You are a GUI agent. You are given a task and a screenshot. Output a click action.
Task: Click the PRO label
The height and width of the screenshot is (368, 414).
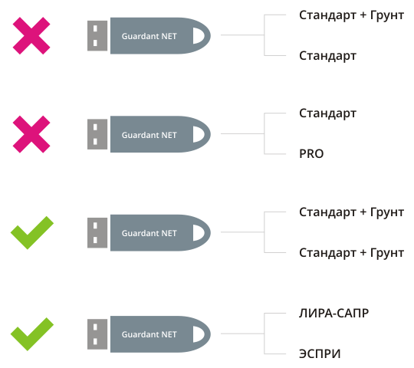point(311,153)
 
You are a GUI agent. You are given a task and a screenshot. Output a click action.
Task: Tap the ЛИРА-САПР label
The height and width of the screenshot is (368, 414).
point(333,314)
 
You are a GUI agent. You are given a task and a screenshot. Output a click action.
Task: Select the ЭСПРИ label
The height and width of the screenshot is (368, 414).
point(320,353)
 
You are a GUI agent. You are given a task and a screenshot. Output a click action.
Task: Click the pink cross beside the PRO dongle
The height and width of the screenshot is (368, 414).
point(31,134)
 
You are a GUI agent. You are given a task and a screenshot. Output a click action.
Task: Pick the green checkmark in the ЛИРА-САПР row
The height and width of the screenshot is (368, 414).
point(32,334)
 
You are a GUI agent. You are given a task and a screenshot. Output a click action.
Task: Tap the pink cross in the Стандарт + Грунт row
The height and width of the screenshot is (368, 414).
point(31,35)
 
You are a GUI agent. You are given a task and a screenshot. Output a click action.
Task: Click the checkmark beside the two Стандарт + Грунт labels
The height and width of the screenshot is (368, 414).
point(32,232)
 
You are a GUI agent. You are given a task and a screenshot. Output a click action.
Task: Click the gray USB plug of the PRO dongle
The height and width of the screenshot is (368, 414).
point(97,134)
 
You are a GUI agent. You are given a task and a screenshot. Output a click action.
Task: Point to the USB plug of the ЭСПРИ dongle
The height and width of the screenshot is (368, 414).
point(97,334)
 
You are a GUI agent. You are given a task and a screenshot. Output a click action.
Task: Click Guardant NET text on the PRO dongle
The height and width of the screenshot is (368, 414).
point(149,135)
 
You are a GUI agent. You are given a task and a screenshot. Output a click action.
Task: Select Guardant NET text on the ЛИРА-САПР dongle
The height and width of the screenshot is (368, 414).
point(149,334)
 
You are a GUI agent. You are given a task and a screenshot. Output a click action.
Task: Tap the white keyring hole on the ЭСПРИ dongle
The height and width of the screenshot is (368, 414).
point(199,334)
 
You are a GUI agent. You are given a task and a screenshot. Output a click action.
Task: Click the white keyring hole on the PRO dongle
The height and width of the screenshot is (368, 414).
point(199,134)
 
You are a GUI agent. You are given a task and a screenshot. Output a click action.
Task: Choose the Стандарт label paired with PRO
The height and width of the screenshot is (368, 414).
point(327,113)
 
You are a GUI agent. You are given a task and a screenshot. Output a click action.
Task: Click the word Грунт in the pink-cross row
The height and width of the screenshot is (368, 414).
point(387,15)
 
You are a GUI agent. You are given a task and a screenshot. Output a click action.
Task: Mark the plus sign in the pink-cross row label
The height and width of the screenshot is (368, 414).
point(363,15)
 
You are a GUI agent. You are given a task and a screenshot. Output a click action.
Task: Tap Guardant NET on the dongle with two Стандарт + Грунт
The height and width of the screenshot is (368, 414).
point(149,233)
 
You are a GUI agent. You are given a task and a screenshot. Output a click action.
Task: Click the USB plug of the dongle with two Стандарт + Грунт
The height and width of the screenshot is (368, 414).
point(97,233)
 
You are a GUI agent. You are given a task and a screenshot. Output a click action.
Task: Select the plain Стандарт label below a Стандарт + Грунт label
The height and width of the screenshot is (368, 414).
point(327,56)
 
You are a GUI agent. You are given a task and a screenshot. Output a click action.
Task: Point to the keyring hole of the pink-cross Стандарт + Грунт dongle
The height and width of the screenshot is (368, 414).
point(199,35)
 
